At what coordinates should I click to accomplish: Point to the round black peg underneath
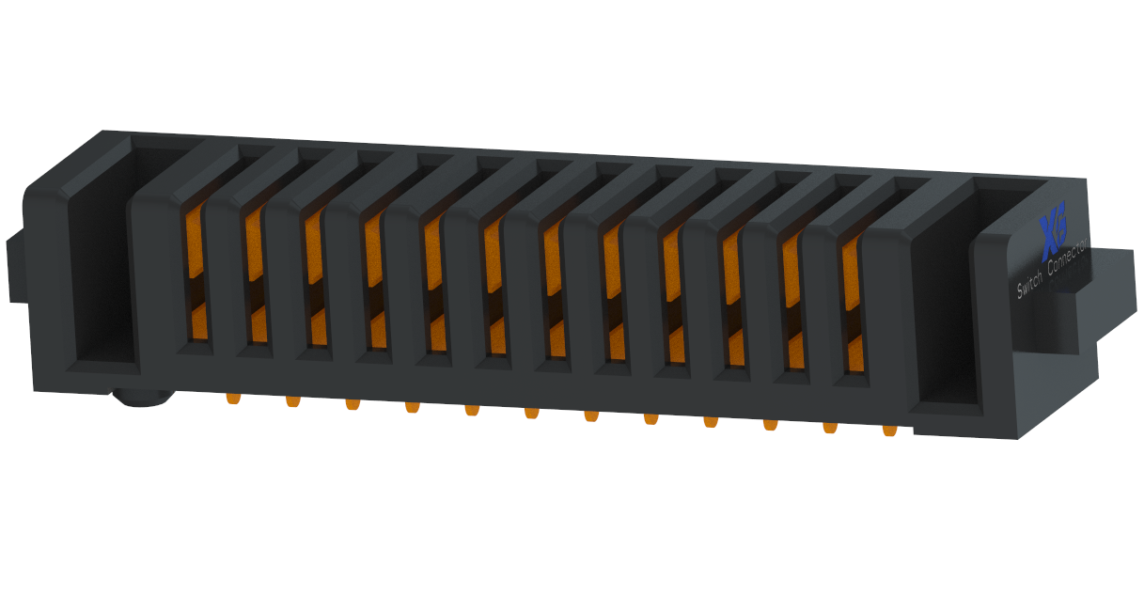click(142, 399)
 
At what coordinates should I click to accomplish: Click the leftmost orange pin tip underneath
click(233, 398)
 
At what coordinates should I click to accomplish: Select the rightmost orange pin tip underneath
click(889, 431)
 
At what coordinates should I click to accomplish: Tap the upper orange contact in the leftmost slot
click(195, 241)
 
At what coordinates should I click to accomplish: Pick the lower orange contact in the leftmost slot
click(199, 322)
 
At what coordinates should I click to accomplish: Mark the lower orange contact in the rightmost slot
click(854, 353)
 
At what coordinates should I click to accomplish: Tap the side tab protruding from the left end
click(15, 267)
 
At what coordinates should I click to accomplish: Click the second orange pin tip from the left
click(293, 400)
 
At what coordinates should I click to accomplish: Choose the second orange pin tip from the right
click(829, 428)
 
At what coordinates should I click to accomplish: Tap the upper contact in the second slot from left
click(253, 243)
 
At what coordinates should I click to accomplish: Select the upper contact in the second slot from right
click(791, 267)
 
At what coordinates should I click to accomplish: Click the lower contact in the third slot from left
click(318, 327)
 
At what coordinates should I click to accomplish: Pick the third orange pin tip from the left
click(353, 404)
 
